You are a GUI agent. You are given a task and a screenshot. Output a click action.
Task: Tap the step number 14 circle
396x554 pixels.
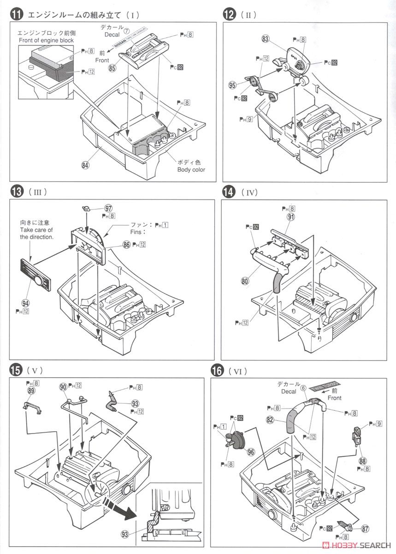[x=228, y=192]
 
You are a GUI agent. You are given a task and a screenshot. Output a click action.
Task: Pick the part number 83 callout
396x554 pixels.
[x=265, y=40]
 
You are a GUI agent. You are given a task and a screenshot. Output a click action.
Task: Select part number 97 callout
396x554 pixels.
[x=109, y=209]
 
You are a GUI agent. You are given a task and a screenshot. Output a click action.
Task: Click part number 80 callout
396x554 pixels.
[x=244, y=280]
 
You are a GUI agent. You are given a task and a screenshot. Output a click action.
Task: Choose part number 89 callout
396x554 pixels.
[x=31, y=391]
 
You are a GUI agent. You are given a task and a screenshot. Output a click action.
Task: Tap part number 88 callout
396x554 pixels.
[x=363, y=460]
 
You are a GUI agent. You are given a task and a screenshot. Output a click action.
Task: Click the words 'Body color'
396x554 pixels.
[x=191, y=169]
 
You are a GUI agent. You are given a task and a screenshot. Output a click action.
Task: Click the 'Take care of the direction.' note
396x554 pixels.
[x=36, y=229]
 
